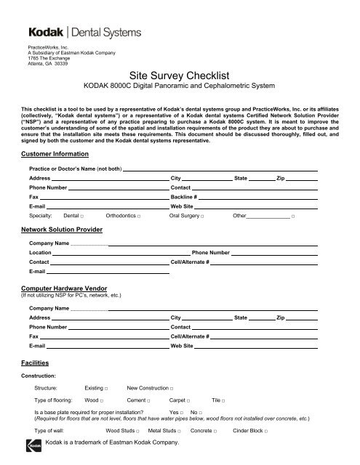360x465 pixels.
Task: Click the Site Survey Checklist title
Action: (x=180, y=74)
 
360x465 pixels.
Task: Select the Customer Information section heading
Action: (x=58, y=155)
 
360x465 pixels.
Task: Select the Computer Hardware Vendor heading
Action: (x=66, y=289)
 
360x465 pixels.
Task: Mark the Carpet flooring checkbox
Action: (x=188, y=401)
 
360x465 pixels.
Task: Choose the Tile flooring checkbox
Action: (x=223, y=401)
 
